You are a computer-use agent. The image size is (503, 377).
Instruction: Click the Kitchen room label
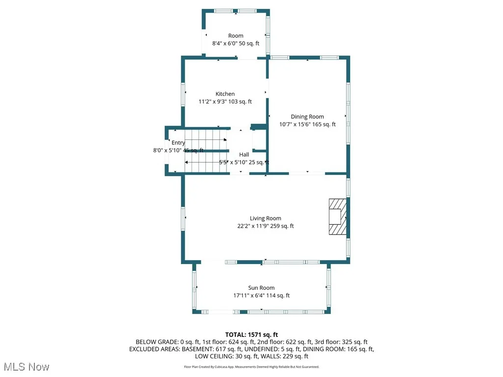[x=225, y=94]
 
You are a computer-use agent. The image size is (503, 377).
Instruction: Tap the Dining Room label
[x=307, y=116]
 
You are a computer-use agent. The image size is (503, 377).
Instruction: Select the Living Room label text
[x=265, y=218]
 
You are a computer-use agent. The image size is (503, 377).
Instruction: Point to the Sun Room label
[x=261, y=288]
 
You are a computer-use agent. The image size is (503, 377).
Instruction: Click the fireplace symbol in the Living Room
[x=337, y=216]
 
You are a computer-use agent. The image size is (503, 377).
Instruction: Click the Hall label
[x=244, y=154]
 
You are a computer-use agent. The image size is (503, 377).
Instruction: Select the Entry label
[x=178, y=143]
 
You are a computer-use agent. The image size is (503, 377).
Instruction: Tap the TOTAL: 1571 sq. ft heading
[x=251, y=334]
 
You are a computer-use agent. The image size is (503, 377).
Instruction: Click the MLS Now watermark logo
[x=27, y=367]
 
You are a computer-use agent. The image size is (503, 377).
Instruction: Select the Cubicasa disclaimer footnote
[x=251, y=367]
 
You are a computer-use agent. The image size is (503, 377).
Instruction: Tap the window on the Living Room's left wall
[x=183, y=218]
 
